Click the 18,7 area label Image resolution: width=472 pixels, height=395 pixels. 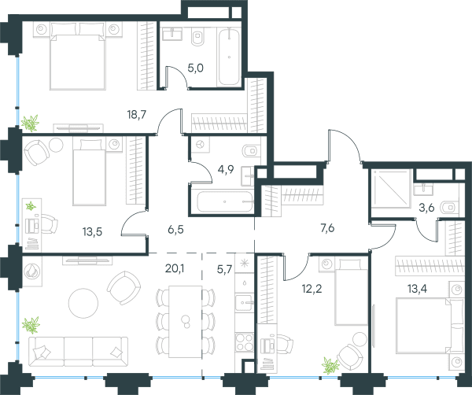click(x=137, y=115)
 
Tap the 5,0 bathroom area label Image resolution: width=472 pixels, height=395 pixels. click(x=196, y=68)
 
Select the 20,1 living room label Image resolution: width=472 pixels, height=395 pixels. click(x=175, y=268)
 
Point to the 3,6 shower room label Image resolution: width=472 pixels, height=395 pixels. click(x=426, y=208)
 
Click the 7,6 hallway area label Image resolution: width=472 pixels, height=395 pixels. click(x=327, y=228)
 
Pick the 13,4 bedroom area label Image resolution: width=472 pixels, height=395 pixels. click(x=417, y=289)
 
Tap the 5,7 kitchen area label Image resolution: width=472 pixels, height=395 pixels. click(x=224, y=269)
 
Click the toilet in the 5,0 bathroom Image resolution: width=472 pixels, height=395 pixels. click(x=197, y=37)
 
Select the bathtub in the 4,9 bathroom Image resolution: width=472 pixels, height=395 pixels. click(x=224, y=201)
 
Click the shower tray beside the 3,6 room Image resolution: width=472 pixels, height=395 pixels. click(x=391, y=189)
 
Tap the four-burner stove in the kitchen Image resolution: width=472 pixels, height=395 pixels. click(x=244, y=342)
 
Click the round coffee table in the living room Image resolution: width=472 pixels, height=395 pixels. click(x=83, y=303)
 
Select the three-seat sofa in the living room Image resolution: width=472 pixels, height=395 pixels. click(x=78, y=352)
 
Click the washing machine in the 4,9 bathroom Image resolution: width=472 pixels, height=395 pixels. click(x=200, y=145)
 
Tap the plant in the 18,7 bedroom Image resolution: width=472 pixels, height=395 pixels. click(x=30, y=123)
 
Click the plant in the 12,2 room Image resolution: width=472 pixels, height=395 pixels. click(x=330, y=366)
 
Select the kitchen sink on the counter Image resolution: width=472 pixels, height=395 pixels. click(x=244, y=302)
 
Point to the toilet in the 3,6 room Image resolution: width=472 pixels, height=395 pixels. click(x=448, y=208)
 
